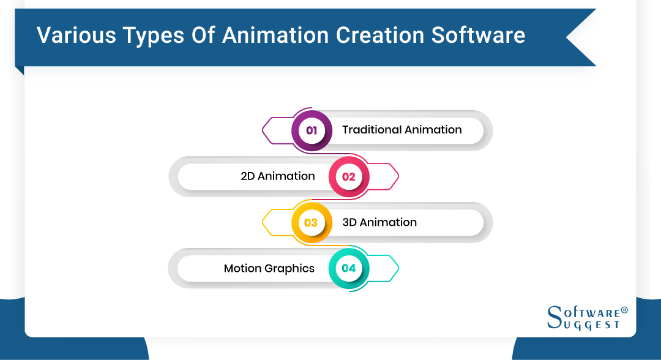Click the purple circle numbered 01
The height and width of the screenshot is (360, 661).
click(312, 130)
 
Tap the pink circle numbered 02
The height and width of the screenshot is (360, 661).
click(348, 177)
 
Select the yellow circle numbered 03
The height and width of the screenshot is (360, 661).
click(311, 223)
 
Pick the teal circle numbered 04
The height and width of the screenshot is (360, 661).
click(348, 268)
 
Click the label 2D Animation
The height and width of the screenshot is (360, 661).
click(278, 176)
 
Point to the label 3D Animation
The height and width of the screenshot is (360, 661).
click(379, 222)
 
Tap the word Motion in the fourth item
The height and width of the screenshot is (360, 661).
click(242, 268)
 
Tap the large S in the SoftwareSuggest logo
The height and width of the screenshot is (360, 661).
click(555, 317)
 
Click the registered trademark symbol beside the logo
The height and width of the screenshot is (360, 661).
click(624, 311)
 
